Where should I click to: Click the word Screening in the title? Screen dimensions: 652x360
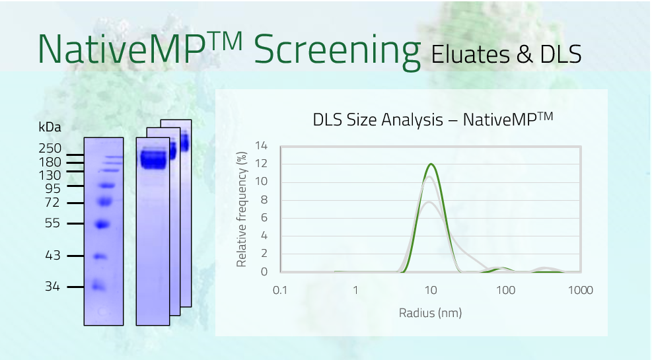click(x=337, y=50)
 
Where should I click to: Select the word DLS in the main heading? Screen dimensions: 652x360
click(x=561, y=54)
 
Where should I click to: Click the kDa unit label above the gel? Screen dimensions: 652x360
click(x=50, y=127)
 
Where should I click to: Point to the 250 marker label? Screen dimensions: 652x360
click(x=50, y=149)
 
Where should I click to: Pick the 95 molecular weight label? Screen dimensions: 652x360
click(x=53, y=189)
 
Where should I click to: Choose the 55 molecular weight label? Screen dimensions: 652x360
click(x=53, y=223)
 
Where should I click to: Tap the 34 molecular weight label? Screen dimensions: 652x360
click(x=53, y=287)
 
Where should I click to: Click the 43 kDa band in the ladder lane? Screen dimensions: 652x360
click(x=100, y=256)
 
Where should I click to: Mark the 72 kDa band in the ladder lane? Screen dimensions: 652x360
click(x=105, y=202)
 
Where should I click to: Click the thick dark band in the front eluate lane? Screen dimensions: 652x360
click(x=153, y=159)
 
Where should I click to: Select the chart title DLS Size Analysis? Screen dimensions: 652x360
click(x=378, y=120)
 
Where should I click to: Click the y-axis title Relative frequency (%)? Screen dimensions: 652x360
click(x=242, y=209)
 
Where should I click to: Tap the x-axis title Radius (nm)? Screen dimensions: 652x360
click(x=430, y=312)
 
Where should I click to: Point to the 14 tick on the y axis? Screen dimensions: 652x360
click(x=262, y=145)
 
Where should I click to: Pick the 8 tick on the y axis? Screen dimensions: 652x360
click(x=264, y=200)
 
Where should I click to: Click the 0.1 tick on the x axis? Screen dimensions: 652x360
click(x=280, y=290)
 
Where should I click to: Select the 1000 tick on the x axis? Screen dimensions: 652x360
click(x=581, y=290)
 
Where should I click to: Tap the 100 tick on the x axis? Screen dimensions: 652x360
click(x=505, y=290)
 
